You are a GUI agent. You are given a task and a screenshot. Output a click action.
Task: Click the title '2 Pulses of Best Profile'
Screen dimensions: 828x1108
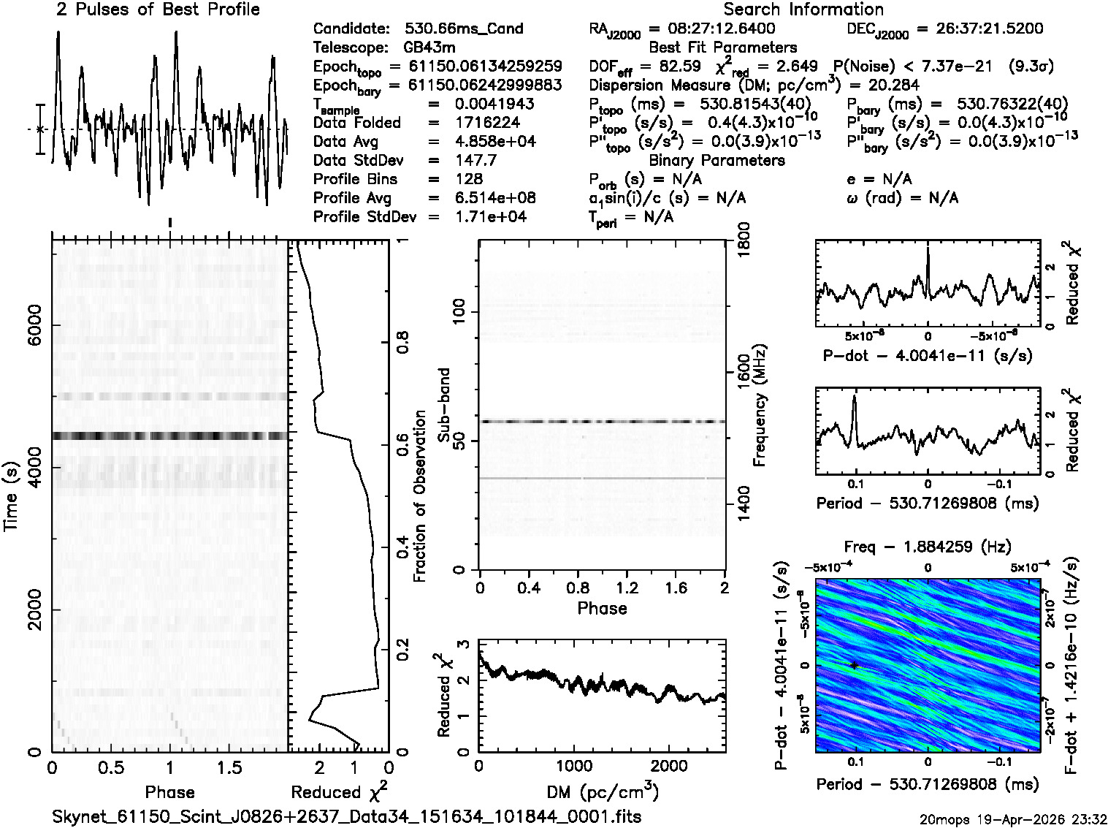[x=158, y=10]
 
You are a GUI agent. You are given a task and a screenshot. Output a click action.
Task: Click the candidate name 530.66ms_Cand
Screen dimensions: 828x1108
[x=464, y=29]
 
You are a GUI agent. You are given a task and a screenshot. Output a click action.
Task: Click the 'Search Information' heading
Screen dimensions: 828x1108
[x=803, y=10]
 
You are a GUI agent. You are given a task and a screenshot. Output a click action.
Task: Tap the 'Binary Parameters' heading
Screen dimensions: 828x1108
[x=717, y=160]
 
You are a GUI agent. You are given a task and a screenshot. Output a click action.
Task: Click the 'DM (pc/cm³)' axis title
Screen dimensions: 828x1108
[x=603, y=791]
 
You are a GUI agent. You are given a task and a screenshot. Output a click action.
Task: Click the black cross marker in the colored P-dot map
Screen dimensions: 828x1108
[x=853, y=665]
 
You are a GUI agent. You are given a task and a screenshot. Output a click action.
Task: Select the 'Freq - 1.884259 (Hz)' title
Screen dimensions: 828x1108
[x=928, y=547]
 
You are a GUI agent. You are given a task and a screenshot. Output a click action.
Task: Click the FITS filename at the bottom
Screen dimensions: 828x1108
[x=347, y=816]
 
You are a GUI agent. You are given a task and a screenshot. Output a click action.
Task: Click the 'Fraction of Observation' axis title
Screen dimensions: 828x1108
[x=419, y=495]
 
